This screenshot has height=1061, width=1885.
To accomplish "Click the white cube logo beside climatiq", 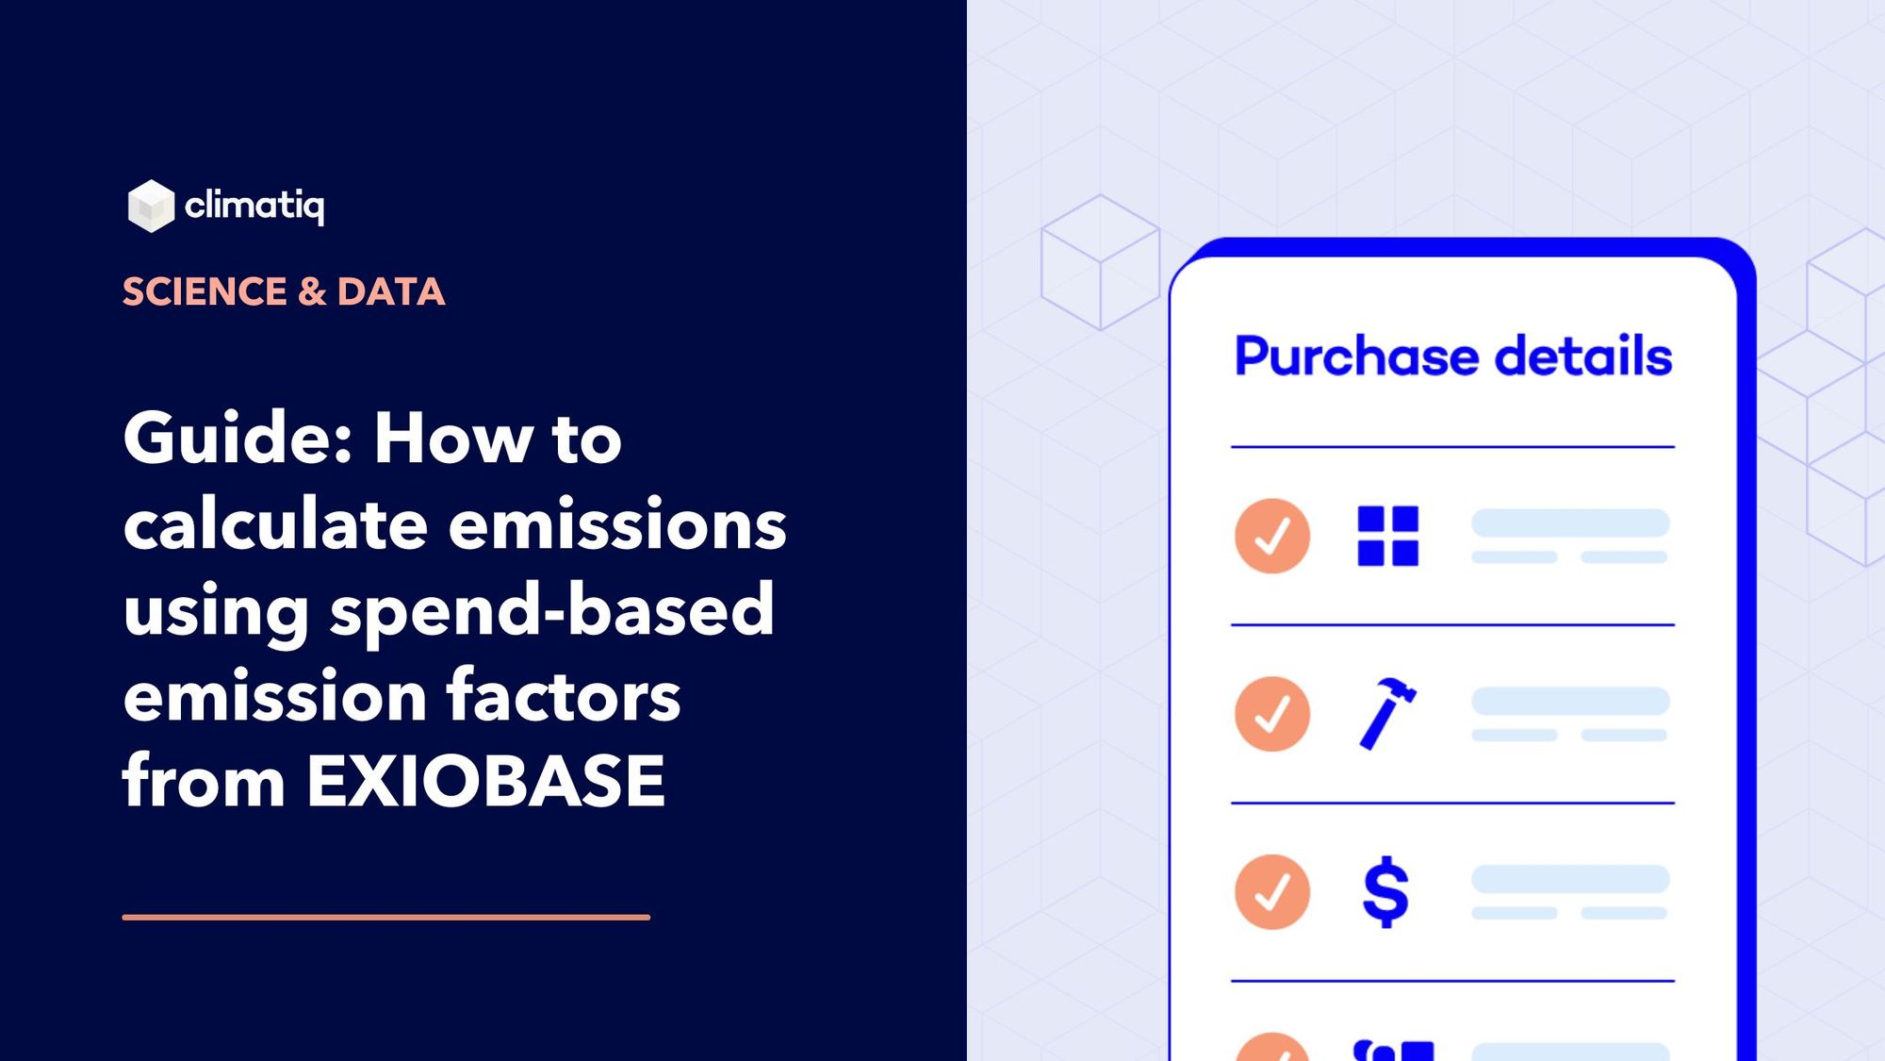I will [151, 206].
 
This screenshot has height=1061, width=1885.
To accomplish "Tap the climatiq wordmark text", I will [254, 205].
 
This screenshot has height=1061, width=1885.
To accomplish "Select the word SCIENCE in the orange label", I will [205, 291].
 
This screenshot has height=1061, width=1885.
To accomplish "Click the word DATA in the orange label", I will [390, 291].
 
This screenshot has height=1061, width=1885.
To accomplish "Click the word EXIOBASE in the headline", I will [485, 782].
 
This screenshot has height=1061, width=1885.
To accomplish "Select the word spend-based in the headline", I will [551, 610].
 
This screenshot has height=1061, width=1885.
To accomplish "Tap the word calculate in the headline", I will [275, 524].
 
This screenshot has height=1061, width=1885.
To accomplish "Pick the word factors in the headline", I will [563, 696].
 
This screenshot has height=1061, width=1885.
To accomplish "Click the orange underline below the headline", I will [385, 917].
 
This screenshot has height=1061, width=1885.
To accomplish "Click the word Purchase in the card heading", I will [1356, 356].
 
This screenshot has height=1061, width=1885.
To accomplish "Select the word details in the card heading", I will [1583, 356].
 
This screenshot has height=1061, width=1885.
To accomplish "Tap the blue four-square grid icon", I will [1387, 536].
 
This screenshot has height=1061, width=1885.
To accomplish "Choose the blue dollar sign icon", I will [1385, 891].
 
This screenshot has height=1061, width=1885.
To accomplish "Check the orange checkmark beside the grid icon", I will [1271, 536].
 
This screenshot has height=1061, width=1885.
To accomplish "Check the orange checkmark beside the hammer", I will [1271, 714].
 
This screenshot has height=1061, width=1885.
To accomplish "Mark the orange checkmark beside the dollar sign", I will [1271, 892].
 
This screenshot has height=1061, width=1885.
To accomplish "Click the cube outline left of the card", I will [1100, 262].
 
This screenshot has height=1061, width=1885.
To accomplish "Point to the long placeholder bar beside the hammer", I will [1570, 701].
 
